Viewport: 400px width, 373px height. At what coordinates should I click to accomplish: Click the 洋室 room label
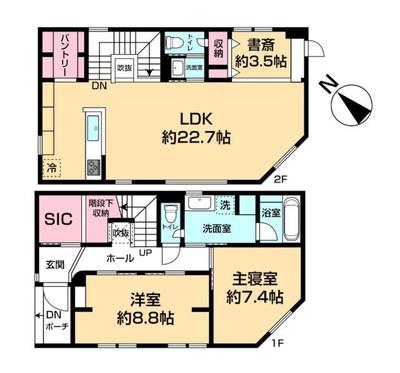point(144,299)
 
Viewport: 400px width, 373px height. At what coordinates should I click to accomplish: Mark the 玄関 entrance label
point(54,264)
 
